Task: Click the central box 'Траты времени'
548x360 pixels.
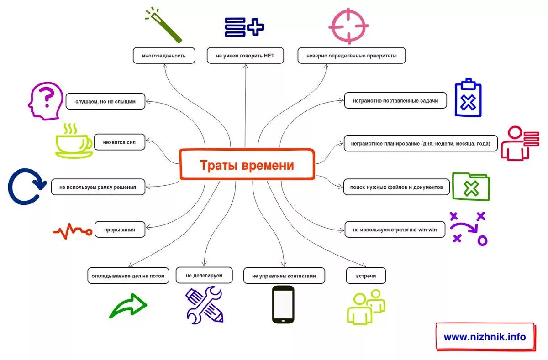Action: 247,164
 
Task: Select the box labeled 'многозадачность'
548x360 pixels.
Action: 164,56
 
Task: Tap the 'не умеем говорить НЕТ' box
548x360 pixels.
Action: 245,56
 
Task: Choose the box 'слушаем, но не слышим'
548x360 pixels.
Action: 105,101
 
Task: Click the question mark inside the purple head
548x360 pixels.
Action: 46,97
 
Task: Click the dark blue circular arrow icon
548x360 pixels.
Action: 26,187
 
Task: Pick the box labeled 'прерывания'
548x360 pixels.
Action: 120,230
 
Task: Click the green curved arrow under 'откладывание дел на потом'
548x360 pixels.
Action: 128,305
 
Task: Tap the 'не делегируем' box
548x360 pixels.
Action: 204,275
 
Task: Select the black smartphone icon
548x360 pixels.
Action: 283,304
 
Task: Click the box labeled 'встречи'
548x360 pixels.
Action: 366,276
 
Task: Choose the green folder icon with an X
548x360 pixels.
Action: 470,186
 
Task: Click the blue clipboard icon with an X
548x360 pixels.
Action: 468,99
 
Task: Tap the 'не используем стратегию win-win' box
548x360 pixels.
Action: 395,230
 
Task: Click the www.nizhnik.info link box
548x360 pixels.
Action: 485,337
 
